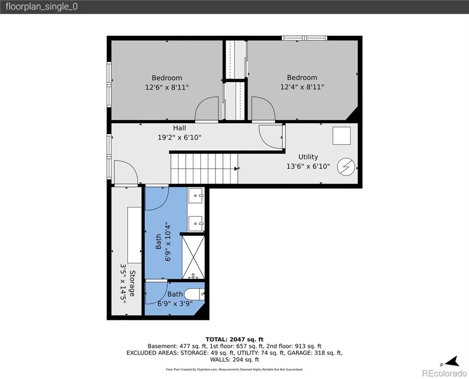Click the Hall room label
179,128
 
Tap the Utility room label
308,157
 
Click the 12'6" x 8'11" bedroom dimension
167,87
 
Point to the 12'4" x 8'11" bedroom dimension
302,87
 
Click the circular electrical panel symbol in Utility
346,166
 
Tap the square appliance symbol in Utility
342,136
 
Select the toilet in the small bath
194,294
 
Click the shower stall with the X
193,257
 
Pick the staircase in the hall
204,169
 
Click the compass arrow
453,361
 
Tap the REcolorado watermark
444,373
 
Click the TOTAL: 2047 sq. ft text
234,339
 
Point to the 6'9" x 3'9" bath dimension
175,304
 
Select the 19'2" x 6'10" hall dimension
179,138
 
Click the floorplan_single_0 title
42,6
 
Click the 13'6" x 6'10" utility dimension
308,166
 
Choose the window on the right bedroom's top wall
304,38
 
